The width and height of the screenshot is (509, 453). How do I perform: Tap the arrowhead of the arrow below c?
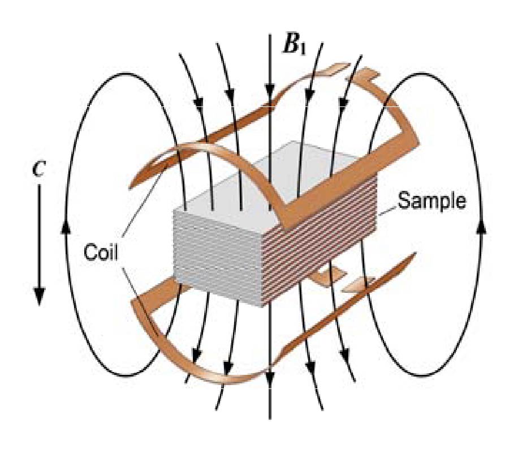[39, 295]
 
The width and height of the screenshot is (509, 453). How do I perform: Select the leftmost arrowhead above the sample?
[198, 102]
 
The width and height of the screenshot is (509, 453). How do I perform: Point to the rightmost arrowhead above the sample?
[343, 102]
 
